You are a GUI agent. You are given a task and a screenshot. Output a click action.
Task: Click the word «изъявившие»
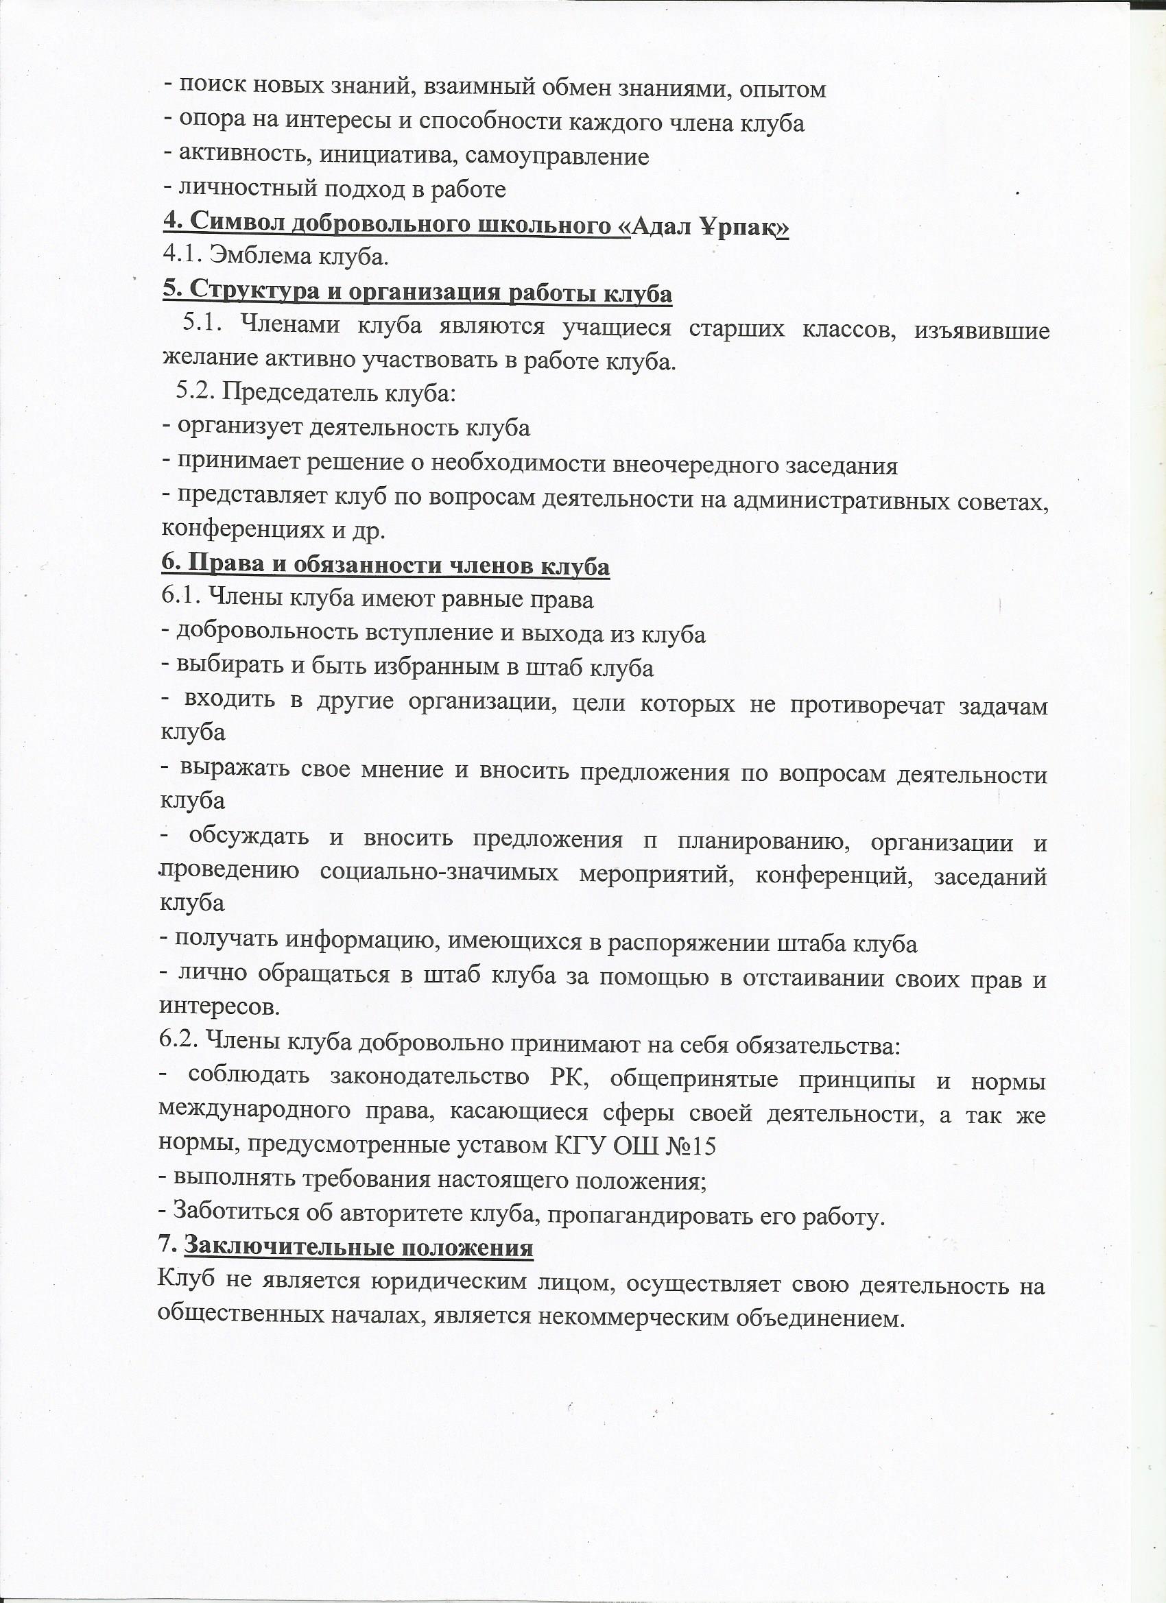tap(981, 330)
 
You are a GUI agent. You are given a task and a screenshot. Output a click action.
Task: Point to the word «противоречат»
tap(867, 706)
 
